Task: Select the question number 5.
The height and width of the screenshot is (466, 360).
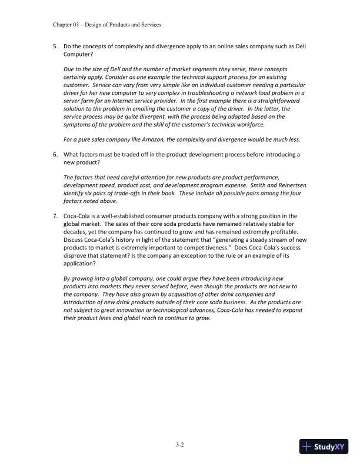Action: pos(55,46)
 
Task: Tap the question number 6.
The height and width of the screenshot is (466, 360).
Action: pos(55,154)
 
